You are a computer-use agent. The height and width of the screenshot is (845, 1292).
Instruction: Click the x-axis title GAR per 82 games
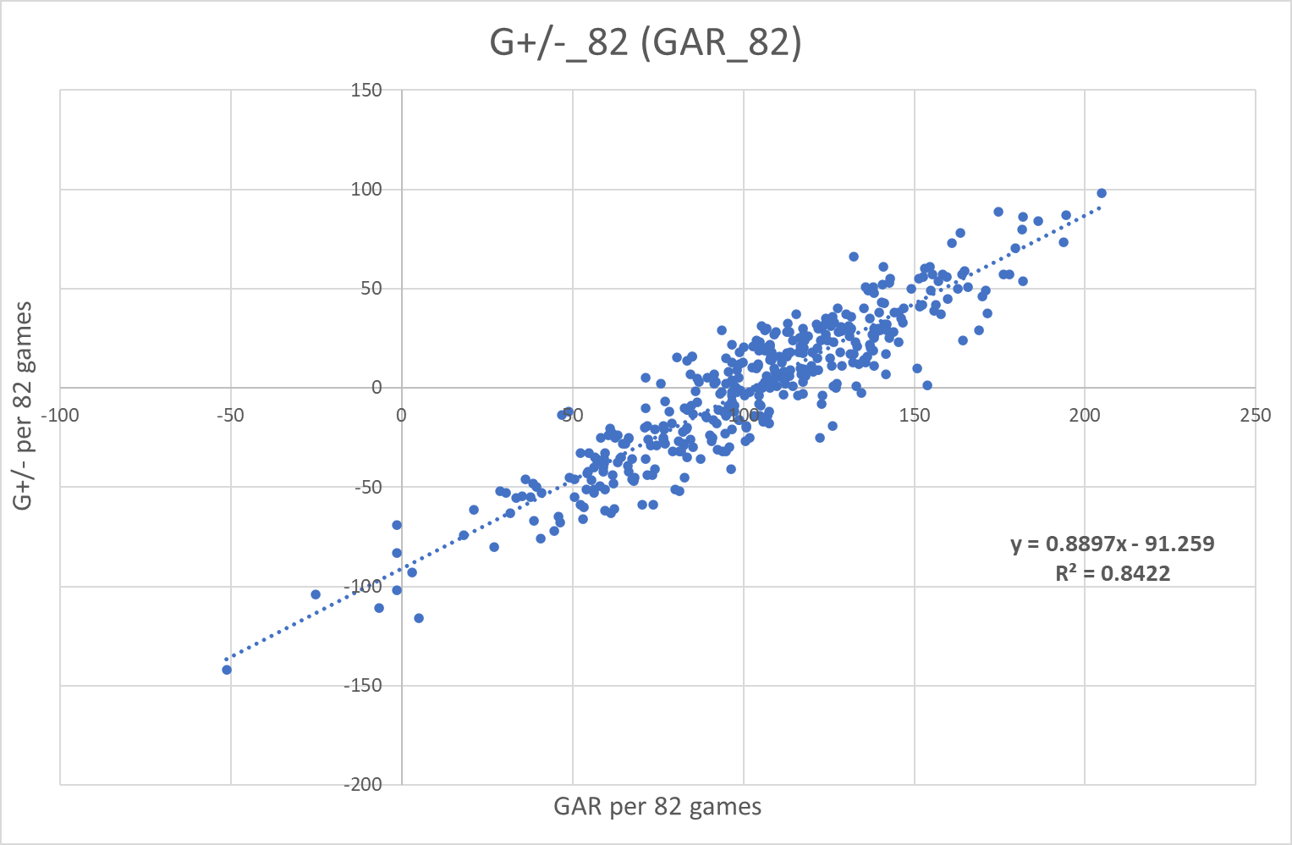pos(657,806)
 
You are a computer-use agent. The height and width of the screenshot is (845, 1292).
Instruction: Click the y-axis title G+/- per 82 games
pos(23,406)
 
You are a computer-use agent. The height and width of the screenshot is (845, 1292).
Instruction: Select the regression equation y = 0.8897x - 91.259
pos(1113,544)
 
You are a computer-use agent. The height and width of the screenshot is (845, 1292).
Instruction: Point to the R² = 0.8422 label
pos(1113,573)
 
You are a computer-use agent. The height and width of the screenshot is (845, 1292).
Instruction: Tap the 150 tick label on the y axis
pos(366,91)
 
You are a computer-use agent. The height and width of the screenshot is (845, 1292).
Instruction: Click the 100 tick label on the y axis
pos(366,190)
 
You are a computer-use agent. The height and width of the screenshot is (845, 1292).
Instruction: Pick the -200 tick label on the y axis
pos(363,784)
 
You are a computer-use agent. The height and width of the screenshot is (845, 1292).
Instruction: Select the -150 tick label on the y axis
pos(363,685)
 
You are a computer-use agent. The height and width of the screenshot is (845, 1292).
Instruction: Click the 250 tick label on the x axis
pos(1256,416)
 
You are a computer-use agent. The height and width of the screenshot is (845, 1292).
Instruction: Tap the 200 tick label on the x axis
pos(1085,416)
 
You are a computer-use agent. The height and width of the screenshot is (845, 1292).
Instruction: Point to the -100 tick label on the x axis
pos(59,416)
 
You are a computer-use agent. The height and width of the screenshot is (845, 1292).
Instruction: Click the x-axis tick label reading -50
pos(229,416)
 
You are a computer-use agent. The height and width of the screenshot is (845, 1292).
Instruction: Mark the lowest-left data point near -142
pos(227,670)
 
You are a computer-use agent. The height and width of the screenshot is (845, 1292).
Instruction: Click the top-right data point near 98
pos(1102,193)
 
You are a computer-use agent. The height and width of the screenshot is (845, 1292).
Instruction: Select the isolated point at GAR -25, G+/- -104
pos(316,594)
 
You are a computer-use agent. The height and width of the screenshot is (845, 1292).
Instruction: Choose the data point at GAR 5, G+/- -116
pos(419,618)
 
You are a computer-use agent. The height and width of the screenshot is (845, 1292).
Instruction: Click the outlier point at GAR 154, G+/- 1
pos(927,385)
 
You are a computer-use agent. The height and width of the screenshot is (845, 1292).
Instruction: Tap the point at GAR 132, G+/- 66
pos(854,257)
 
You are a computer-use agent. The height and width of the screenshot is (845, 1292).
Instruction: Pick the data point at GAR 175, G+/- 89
pos(998,212)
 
